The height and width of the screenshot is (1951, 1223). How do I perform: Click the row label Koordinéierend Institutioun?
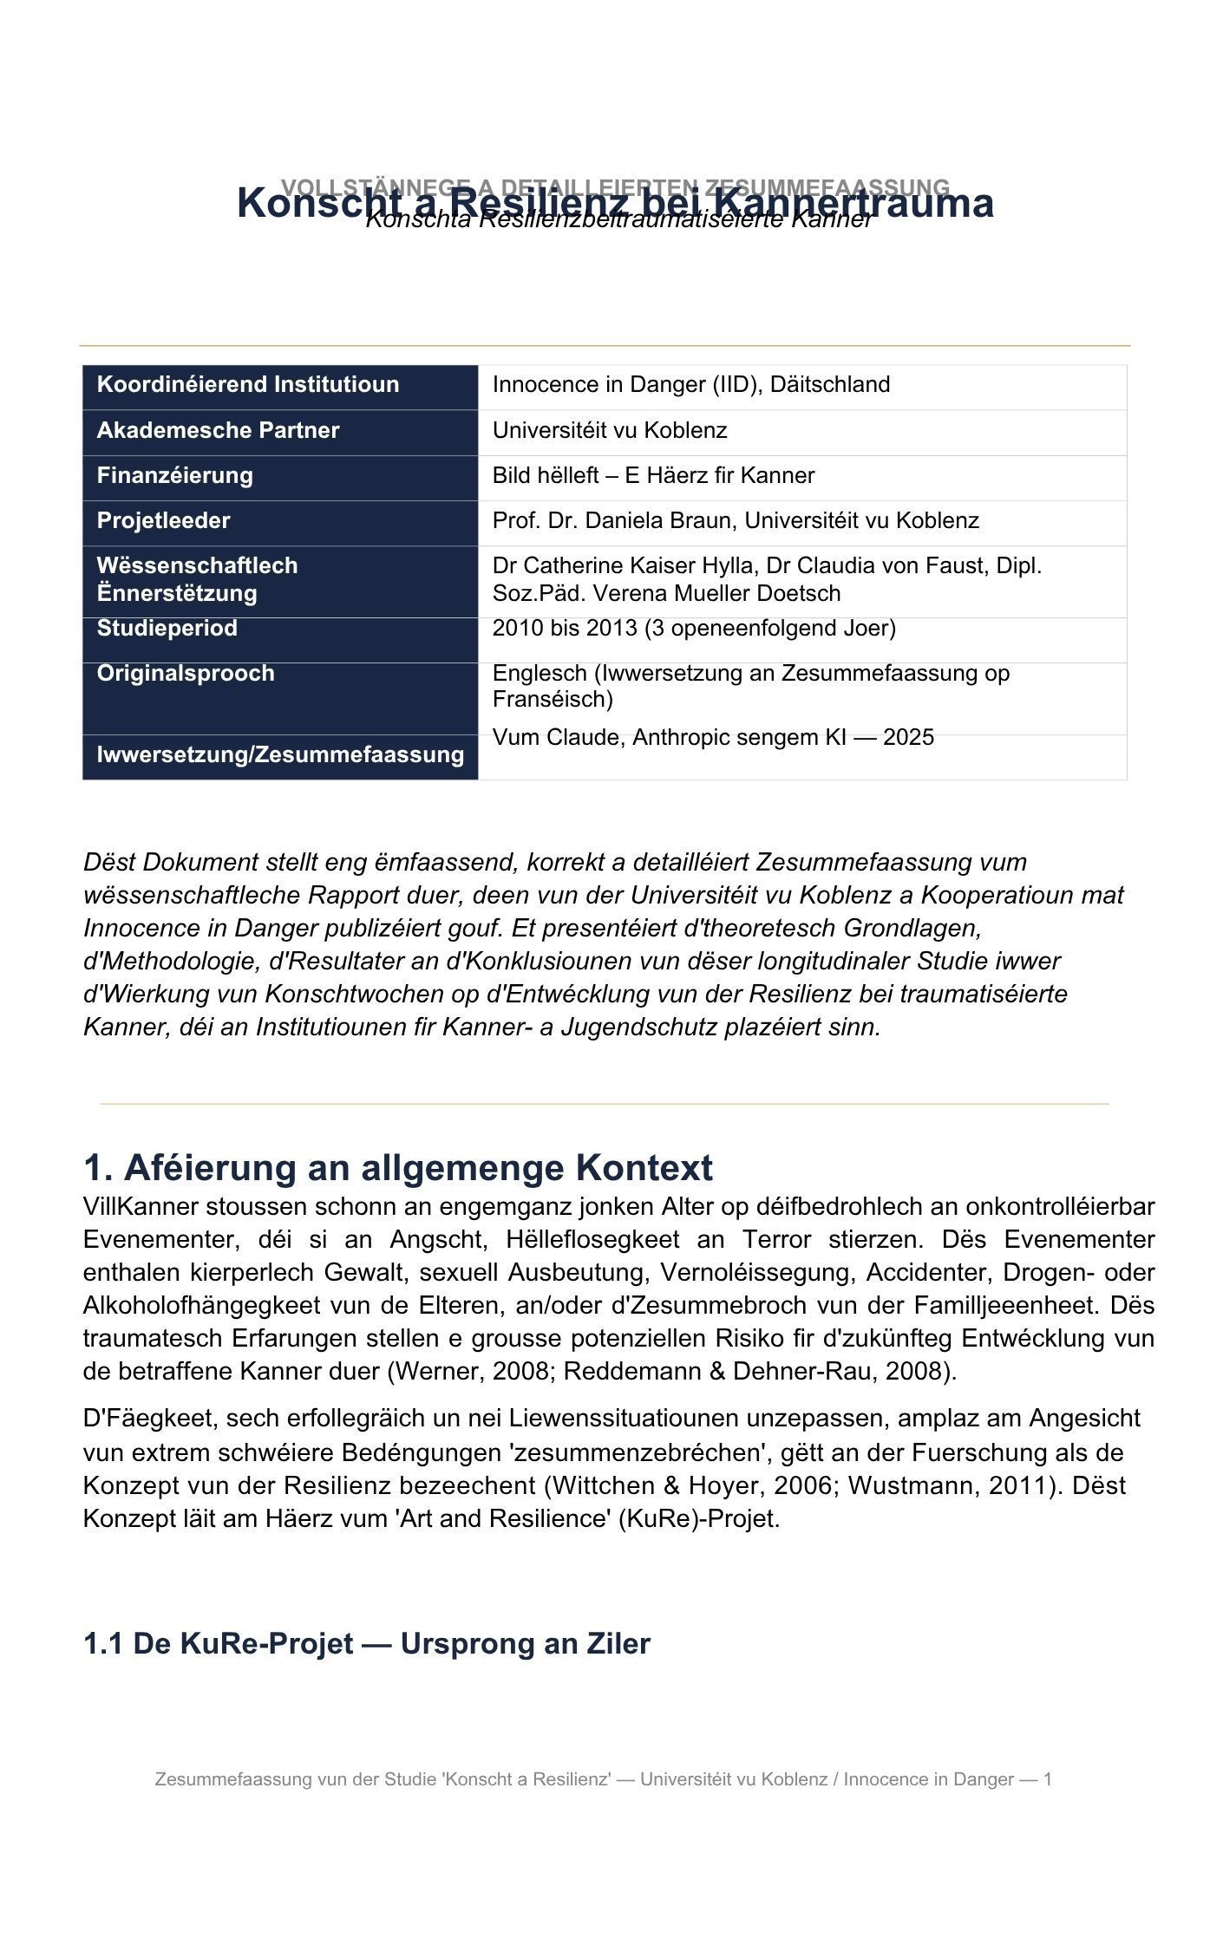click(247, 384)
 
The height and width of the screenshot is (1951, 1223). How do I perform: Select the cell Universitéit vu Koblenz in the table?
click(610, 430)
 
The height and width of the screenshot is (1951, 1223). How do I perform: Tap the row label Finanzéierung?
click(174, 475)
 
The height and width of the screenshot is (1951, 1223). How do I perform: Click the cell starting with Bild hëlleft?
click(653, 475)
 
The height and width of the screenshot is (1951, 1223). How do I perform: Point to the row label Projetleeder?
click(163, 520)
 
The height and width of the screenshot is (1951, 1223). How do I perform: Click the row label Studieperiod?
click(167, 628)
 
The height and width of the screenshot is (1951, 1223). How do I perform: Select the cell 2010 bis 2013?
click(694, 628)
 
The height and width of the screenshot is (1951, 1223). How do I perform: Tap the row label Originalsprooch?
click(185, 673)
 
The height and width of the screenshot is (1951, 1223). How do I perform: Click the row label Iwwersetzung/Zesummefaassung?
click(280, 754)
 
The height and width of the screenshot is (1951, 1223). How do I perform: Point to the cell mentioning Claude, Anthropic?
click(713, 737)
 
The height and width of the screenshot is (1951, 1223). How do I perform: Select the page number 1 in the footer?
click(1048, 1779)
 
